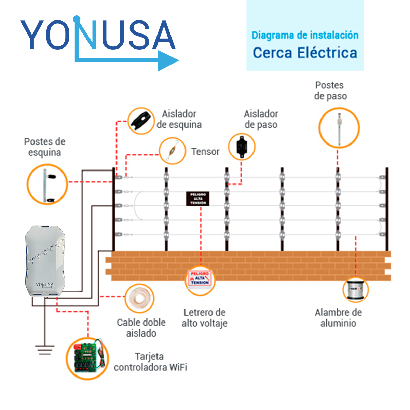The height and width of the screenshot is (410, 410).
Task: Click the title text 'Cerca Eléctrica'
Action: [305, 53]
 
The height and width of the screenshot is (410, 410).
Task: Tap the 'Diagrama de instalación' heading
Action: [305, 35]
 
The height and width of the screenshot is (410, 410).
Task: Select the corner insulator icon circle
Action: [141, 121]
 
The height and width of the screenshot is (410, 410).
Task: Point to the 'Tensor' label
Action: [205, 152]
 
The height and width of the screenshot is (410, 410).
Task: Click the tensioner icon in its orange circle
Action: [173, 151]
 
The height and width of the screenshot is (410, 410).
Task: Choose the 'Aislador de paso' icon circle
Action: [242, 147]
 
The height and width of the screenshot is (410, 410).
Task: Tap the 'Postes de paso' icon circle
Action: [339, 128]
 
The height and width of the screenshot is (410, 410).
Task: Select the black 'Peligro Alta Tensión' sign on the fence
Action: [197, 199]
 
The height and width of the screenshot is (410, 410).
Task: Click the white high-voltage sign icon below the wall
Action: [200, 280]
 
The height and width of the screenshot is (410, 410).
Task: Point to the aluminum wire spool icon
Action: [356, 290]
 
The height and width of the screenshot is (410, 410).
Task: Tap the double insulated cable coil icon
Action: [139, 298]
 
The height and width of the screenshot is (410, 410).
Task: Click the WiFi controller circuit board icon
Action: [87, 358]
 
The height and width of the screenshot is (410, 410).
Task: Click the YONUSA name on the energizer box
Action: [45, 285]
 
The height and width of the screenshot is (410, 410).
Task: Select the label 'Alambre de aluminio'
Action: [338, 318]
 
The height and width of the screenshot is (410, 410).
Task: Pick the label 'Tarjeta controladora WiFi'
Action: [150, 362]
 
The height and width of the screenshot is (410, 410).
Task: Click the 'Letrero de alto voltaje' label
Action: [204, 318]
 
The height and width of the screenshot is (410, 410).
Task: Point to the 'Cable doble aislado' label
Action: [141, 328]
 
